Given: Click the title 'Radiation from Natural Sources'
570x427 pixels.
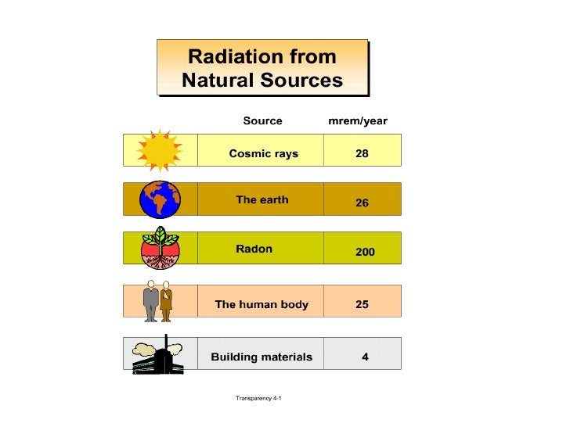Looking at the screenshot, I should click(262, 68).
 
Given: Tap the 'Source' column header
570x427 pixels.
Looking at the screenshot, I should click(262, 120).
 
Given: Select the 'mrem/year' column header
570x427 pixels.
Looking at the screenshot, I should click(357, 120).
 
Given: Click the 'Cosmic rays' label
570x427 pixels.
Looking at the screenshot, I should click(263, 154).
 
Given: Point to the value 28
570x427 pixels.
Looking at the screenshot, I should click(362, 154).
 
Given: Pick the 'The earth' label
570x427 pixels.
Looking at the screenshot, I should click(262, 199).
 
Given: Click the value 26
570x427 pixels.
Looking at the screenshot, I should click(362, 203).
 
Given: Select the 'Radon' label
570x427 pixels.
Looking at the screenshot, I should click(254, 249).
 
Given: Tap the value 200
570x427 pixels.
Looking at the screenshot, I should click(365, 253).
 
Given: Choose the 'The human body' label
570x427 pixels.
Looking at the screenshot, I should click(262, 304).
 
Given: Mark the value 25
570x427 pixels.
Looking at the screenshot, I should click(362, 304).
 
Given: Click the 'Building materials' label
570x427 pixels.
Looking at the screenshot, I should click(262, 357).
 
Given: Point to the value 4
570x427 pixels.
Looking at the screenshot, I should click(365, 357).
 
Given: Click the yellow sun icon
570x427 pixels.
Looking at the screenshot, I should click(160, 149).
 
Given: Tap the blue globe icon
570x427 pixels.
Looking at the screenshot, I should click(160, 199).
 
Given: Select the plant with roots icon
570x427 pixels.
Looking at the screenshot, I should click(160, 248).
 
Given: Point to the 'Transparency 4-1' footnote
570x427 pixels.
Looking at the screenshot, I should click(258, 398).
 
